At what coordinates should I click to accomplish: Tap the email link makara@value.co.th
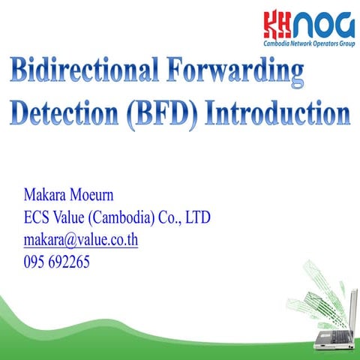81,241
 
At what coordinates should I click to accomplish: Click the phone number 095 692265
57,262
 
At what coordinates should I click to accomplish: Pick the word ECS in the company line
38,219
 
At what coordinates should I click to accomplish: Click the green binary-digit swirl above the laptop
319,281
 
